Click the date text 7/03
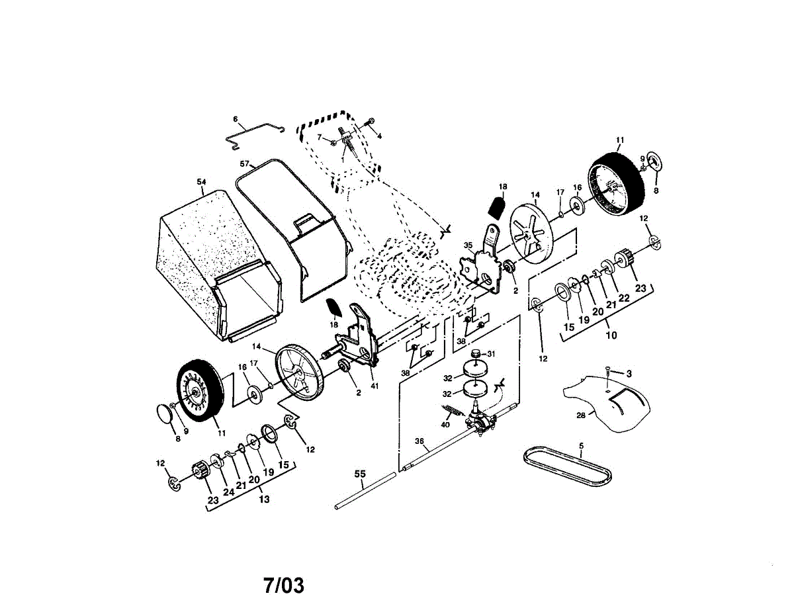tap(284, 586)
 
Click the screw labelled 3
tap(607, 368)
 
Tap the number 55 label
tap(360, 474)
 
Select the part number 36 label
tap(419, 441)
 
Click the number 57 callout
tap(244, 163)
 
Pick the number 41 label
tap(375, 386)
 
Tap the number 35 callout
tap(468, 245)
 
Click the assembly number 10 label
tap(611, 335)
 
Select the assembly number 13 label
tap(264, 500)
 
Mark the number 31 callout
tap(490, 353)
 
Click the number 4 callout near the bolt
tap(380, 135)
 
